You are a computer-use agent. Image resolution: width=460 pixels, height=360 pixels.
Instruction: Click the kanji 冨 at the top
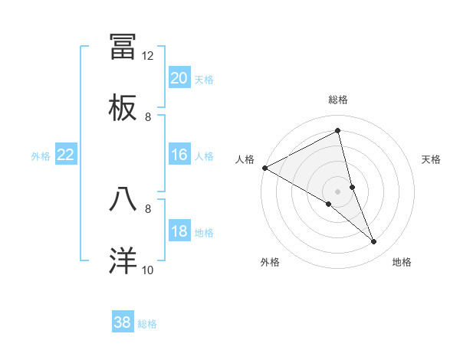pyautogui.click(x=123, y=46)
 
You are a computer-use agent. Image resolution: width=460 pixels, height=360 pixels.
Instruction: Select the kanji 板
pyautogui.click(x=123, y=108)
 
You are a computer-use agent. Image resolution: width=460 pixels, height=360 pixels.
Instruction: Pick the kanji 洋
pyautogui.click(x=123, y=260)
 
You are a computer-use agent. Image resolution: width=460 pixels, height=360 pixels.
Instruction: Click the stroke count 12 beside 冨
pyautogui.click(x=148, y=55)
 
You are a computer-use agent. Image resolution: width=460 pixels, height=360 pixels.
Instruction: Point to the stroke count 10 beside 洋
pyautogui.click(x=148, y=270)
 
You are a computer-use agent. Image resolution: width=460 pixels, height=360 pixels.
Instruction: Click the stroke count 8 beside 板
pyautogui.click(x=148, y=116)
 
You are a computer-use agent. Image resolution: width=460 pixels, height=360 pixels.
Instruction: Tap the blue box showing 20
pyautogui.click(x=179, y=78)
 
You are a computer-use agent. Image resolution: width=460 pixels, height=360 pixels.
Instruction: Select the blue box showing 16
pyautogui.click(x=179, y=155)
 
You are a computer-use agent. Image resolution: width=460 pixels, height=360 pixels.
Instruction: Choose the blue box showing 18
pyautogui.click(x=179, y=232)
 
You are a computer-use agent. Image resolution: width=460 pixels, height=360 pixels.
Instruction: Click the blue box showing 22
pyautogui.click(x=66, y=155)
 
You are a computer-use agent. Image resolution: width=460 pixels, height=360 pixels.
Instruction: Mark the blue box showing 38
pyautogui.click(x=123, y=322)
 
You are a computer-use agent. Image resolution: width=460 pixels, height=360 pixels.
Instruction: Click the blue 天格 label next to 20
pyautogui.click(x=204, y=79)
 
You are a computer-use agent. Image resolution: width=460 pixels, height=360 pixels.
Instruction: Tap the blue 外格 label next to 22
pyautogui.click(x=41, y=156)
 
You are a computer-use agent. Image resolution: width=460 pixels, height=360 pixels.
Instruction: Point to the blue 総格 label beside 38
pyautogui.click(x=147, y=324)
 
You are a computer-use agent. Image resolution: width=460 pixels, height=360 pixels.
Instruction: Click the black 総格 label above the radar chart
pyautogui.click(x=338, y=100)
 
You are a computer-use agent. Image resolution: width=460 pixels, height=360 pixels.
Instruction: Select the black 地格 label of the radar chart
pyautogui.click(x=402, y=262)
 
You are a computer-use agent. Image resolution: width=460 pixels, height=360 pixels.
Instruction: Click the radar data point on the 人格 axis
pyautogui.click(x=264, y=168)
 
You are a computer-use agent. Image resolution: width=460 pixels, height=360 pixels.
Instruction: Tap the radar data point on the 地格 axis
pyautogui.click(x=374, y=242)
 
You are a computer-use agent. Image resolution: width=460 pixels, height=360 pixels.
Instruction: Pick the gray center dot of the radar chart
pyautogui.click(x=338, y=191)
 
